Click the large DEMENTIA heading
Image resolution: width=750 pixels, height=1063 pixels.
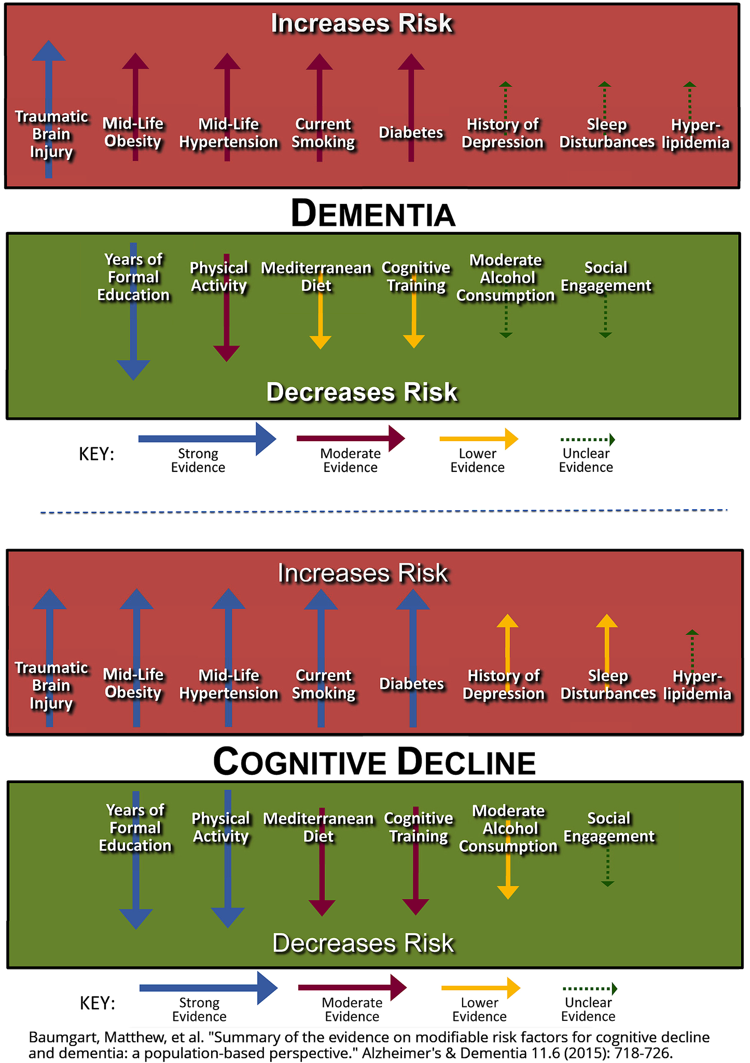[373, 213]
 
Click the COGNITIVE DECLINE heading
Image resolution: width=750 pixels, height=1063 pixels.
[374, 762]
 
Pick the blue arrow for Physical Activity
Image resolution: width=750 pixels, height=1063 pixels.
[227, 882]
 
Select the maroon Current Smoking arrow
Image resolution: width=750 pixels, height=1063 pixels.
[320, 93]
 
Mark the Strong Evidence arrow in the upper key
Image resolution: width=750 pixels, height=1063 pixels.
[207, 439]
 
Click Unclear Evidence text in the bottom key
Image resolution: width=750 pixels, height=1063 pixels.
[588, 1009]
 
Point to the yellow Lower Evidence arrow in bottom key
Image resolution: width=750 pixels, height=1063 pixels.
[480, 988]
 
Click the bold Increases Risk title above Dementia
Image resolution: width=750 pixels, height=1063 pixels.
[362, 24]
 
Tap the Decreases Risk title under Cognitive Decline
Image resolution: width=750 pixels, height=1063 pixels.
[363, 943]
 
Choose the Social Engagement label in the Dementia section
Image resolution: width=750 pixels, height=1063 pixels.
[606, 277]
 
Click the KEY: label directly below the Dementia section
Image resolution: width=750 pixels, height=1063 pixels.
[96, 454]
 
